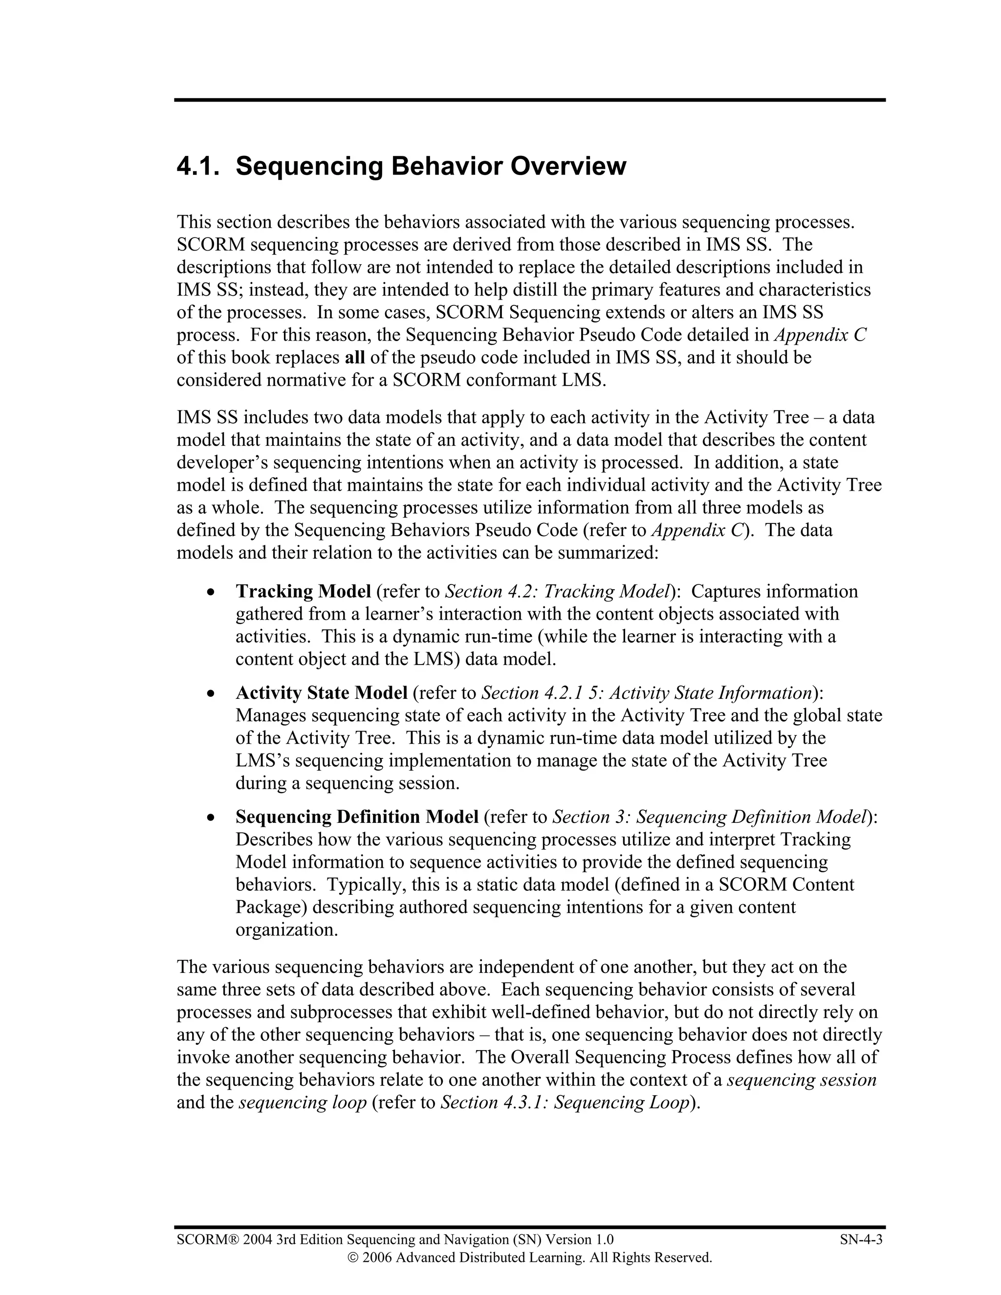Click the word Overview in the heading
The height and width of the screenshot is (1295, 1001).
(x=567, y=167)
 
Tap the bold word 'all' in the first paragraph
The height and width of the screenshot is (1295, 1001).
(x=355, y=358)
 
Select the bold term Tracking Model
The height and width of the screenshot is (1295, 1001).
(x=303, y=591)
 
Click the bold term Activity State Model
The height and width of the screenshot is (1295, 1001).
(x=322, y=692)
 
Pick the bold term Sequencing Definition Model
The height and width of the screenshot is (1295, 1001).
(x=357, y=817)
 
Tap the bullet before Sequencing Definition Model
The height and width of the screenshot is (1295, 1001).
(x=211, y=818)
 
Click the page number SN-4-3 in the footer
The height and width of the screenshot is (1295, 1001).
(x=861, y=1239)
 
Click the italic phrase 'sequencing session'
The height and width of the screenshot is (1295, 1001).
(x=802, y=1080)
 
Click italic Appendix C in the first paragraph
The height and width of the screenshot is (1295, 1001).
(x=820, y=335)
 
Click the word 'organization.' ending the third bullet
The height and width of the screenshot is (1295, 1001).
(x=286, y=929)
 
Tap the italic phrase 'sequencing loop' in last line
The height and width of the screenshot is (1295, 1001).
(x=303, y=1102)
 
